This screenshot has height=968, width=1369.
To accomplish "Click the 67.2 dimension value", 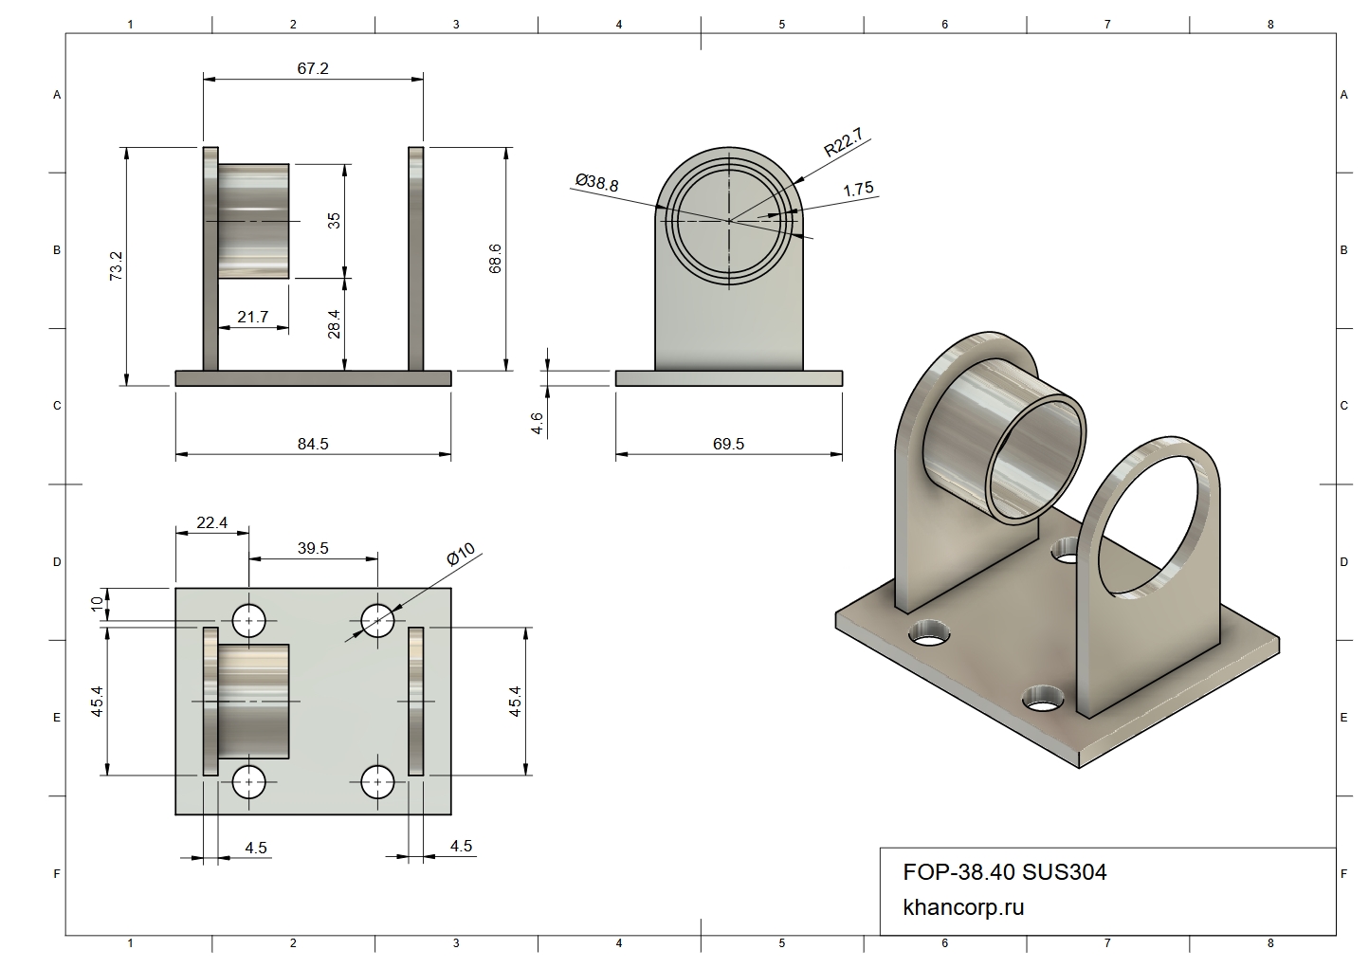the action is click(x=312, y=68).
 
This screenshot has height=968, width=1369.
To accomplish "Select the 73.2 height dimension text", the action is click(x=116, y=265).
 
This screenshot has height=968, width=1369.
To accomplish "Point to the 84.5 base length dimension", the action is click(x=313, y=444).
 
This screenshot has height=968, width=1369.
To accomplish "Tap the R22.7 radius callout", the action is click(x=843, y=142).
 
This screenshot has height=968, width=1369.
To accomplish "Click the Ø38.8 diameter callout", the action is click(x=597, y=182).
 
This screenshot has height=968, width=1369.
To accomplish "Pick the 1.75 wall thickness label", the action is click(x=858, y=189).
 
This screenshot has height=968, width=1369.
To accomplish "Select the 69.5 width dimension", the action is click(x=728, y=444).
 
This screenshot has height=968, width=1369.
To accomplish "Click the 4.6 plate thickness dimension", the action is click(x=537, y=423).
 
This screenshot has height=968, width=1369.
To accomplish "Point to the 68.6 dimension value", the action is click(x=495, y=258).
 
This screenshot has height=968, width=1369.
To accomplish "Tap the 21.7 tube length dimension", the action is click(x=252, y=317).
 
